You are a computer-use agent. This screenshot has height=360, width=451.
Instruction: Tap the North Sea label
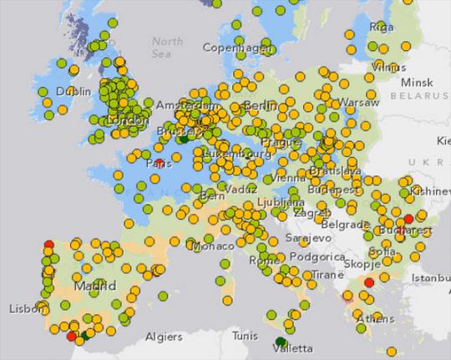[168, 47]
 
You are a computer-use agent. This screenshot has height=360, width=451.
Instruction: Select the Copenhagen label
[238, 48]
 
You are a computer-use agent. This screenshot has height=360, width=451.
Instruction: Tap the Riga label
[381, 27]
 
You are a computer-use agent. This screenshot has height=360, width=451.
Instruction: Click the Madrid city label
[94, 286]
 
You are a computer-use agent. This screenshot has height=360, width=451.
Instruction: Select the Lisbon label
[25, 308]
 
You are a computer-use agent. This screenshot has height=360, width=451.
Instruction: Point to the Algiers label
[164, 337]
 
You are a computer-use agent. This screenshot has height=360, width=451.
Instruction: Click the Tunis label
[245, 336]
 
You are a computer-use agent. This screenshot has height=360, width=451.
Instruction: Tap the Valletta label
[292, 348]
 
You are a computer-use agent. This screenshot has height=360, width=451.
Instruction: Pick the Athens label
[375, 318]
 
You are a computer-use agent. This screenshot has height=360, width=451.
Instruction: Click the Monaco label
[213, 246]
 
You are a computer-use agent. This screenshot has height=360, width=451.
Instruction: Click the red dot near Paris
[159, 163]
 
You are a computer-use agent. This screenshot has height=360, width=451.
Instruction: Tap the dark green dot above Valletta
[281, 341]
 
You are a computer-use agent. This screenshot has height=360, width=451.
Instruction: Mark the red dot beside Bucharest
[408, 220]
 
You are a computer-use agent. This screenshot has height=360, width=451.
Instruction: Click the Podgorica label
[318, 256]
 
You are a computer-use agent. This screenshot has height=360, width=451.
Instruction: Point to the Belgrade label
[345, 225]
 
